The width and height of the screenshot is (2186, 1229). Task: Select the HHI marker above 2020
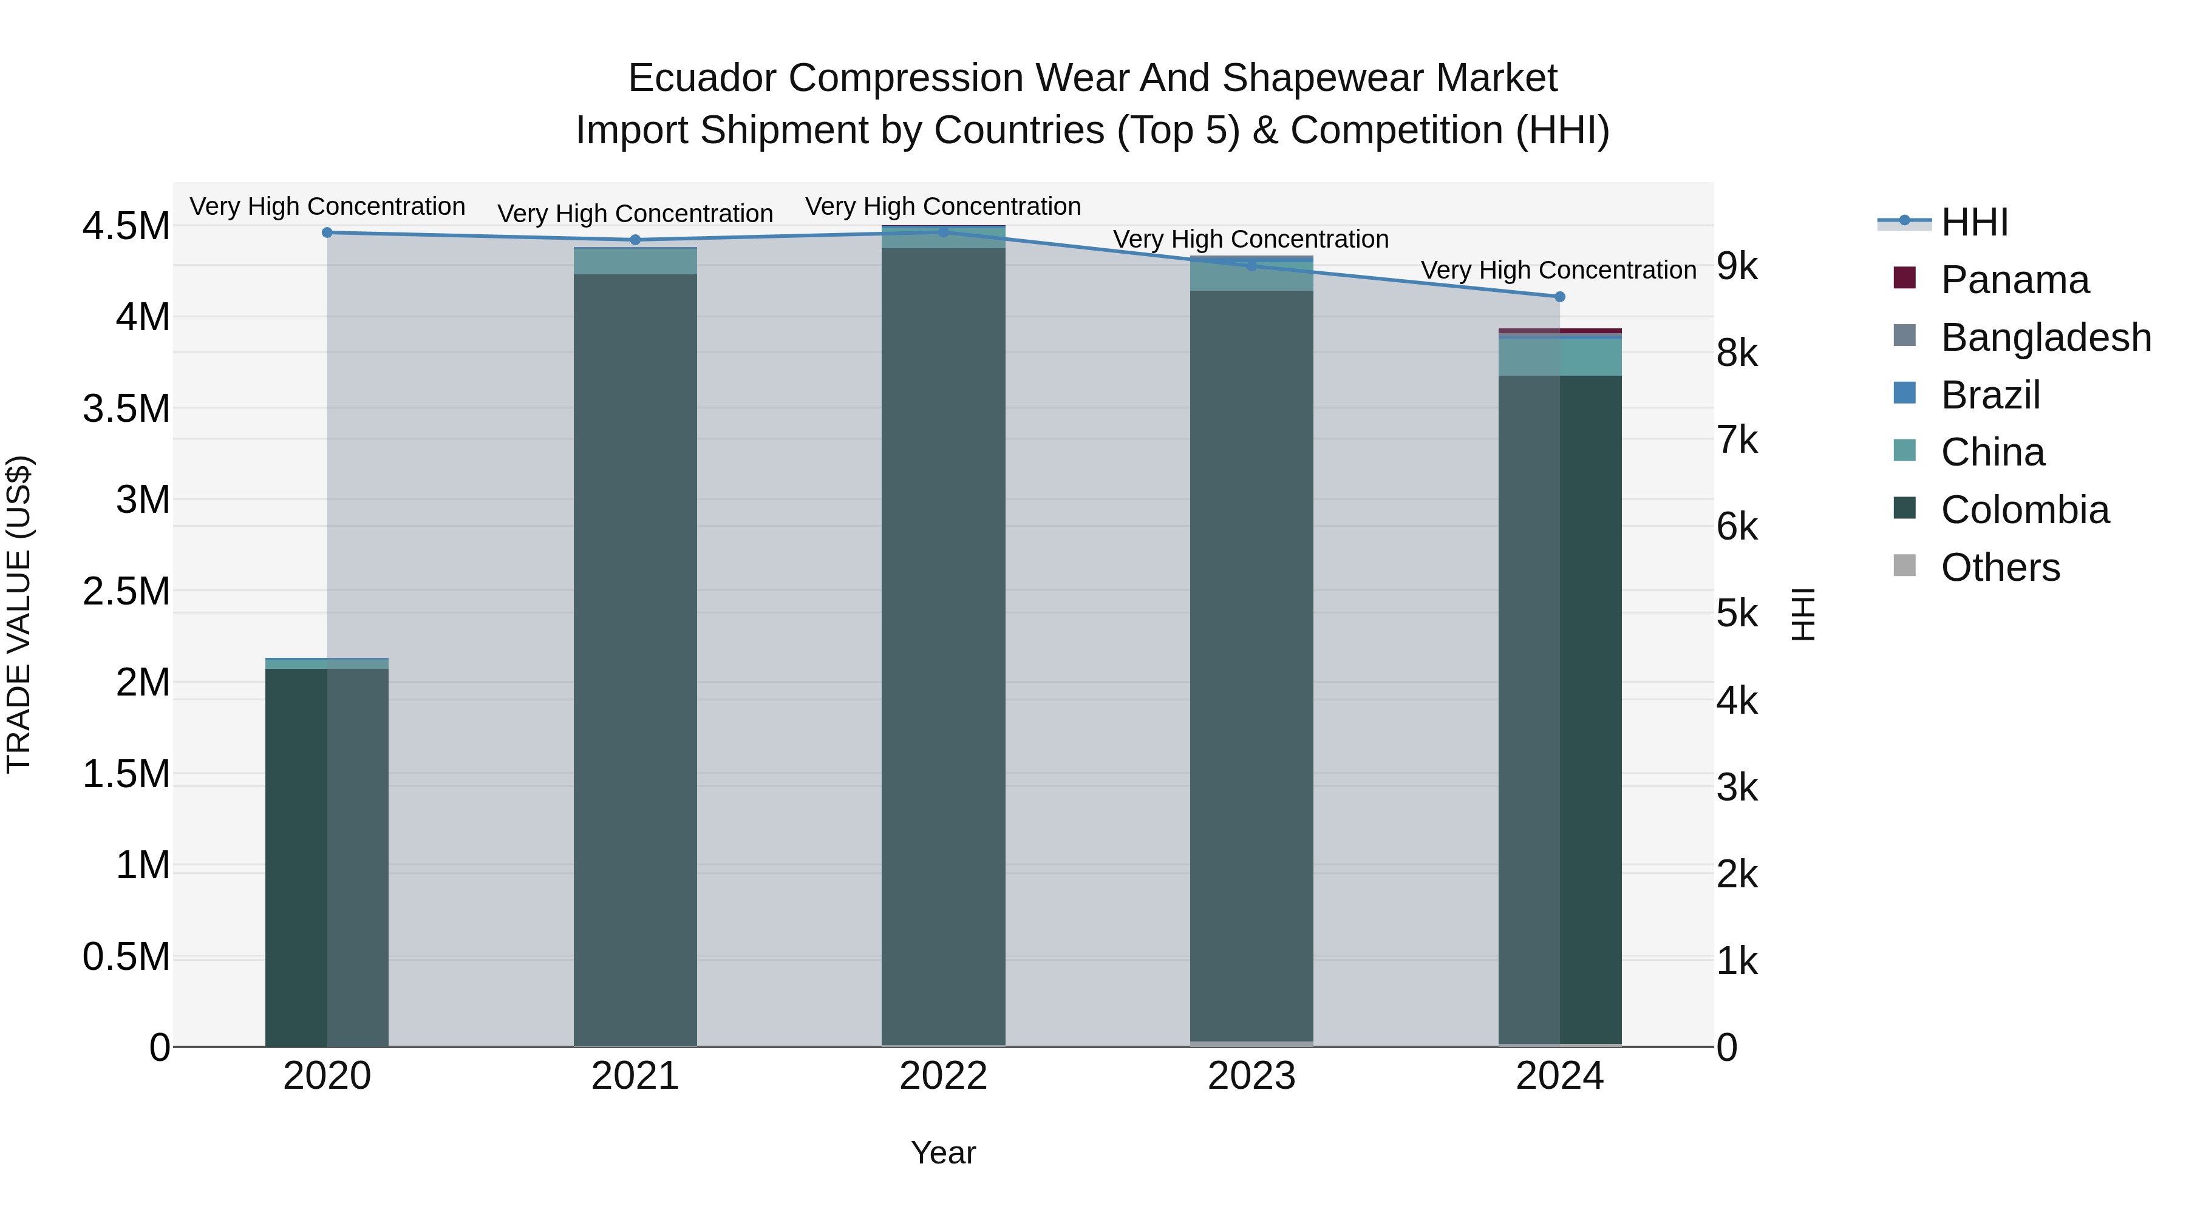pos(327,232)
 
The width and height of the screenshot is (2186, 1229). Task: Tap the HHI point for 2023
pos(1251,265)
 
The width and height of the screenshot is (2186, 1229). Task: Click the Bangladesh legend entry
pos(2045,337)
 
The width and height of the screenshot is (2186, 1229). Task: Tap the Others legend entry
pos(2000,567)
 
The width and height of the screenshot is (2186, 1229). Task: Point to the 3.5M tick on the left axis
pos(126,409)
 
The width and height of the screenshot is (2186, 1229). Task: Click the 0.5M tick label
pos(126,956)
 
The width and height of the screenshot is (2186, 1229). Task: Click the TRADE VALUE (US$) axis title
pos(19,614)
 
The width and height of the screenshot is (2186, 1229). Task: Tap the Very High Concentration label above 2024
pos(1558,271)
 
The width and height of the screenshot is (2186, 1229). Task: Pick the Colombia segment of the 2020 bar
pos(327,856)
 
